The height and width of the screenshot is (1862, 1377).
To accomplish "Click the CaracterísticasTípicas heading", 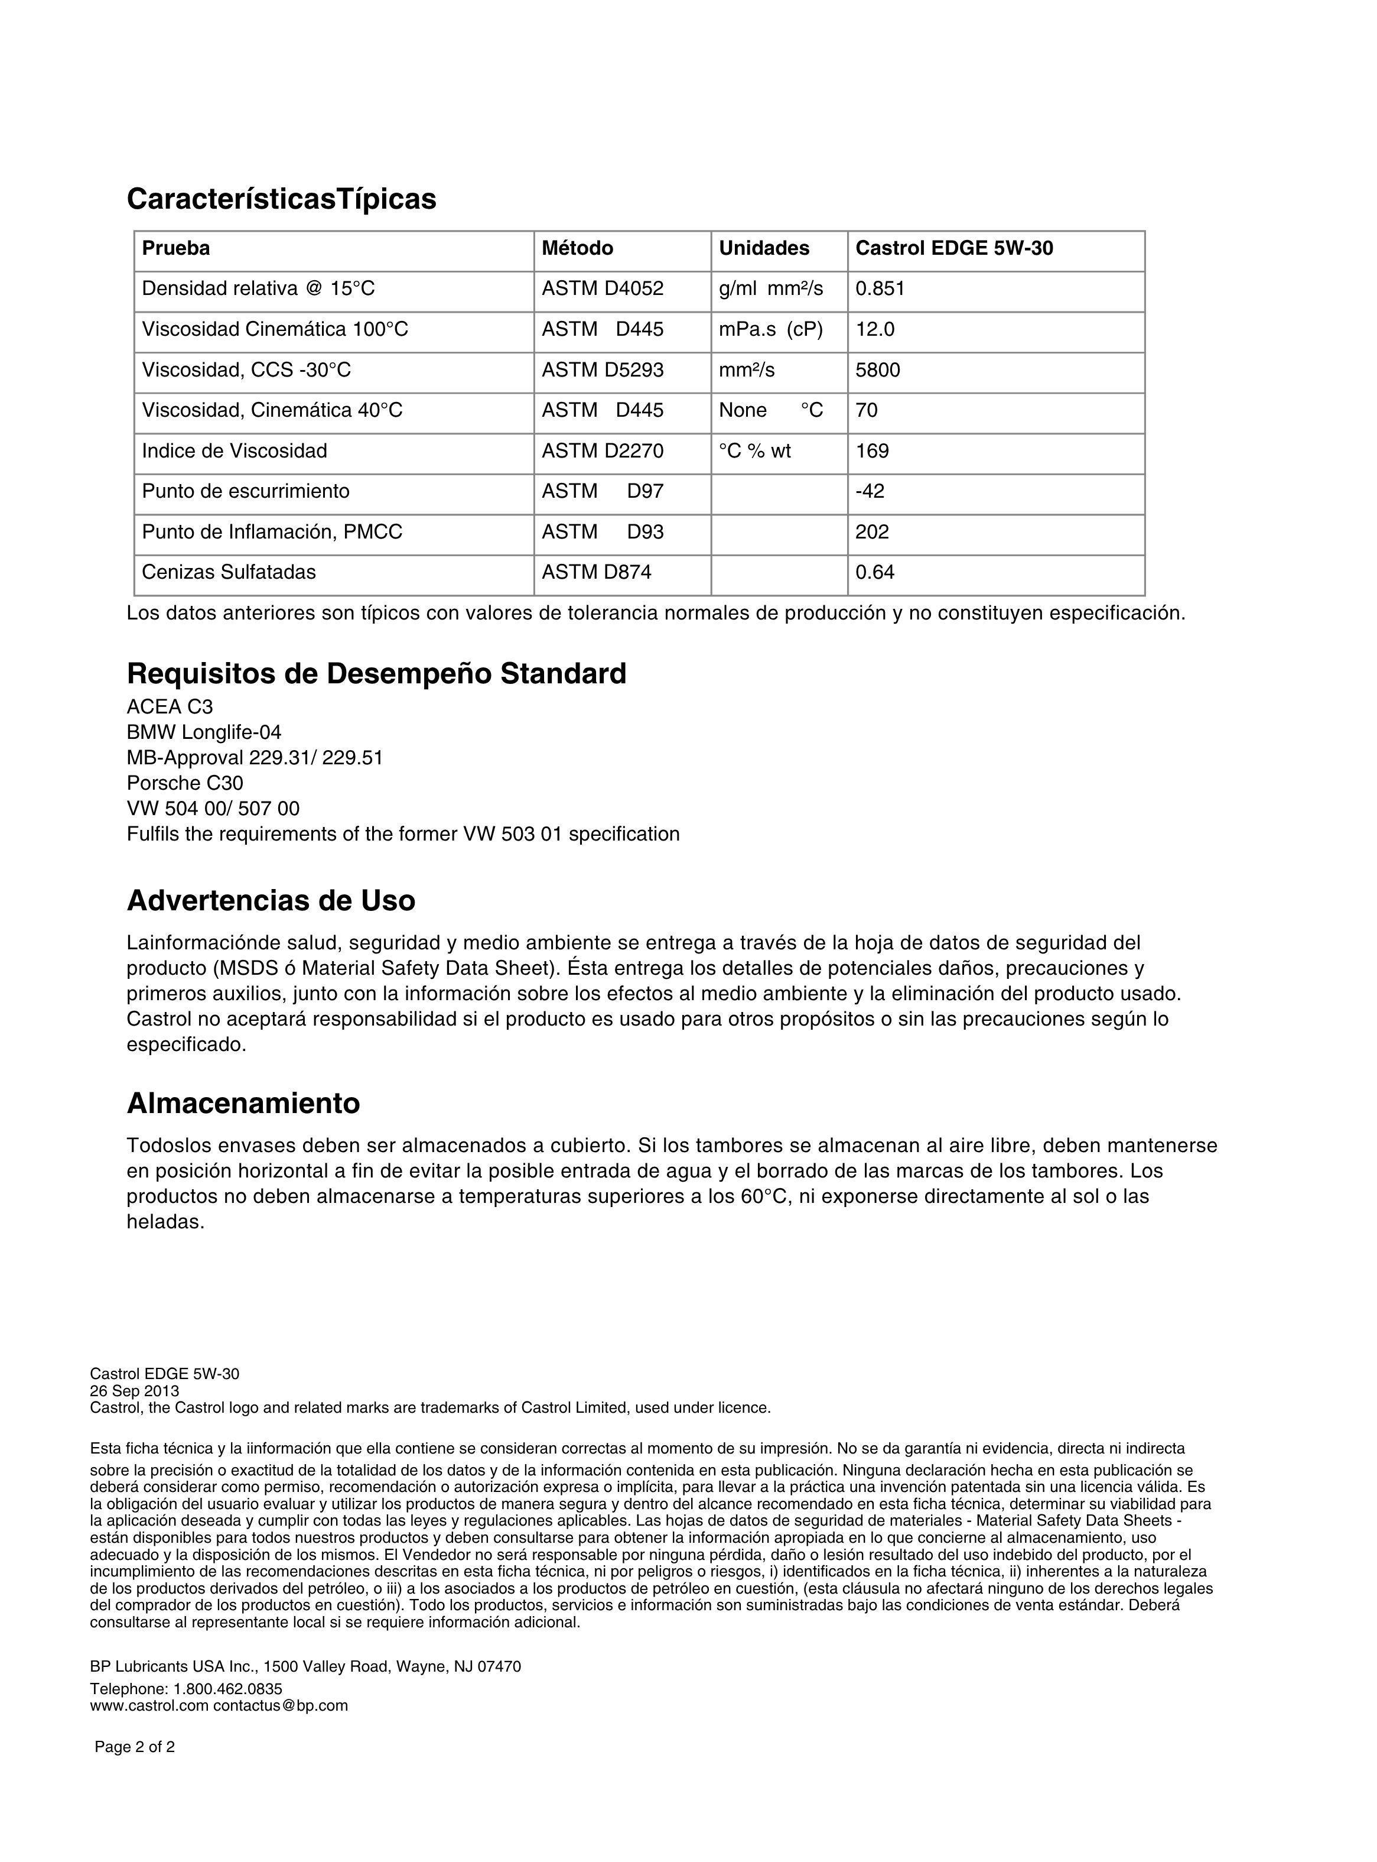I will click(281, 199).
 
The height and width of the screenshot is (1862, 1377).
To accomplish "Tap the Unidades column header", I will click(763, 248).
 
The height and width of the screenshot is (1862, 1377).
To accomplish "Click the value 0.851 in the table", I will click(880, 288).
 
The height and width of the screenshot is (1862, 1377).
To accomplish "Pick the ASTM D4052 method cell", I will click(602, 288).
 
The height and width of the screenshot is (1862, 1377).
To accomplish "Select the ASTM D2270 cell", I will click(602, 451).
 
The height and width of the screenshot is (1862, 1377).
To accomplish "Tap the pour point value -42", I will click(870, 491).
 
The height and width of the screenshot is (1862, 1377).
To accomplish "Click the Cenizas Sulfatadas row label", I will click(229, 572).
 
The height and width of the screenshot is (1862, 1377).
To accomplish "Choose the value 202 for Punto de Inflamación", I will click(872, 532).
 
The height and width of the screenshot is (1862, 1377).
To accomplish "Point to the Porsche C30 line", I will click(184, 784).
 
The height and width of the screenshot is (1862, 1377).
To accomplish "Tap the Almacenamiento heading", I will click(243, 1103).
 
